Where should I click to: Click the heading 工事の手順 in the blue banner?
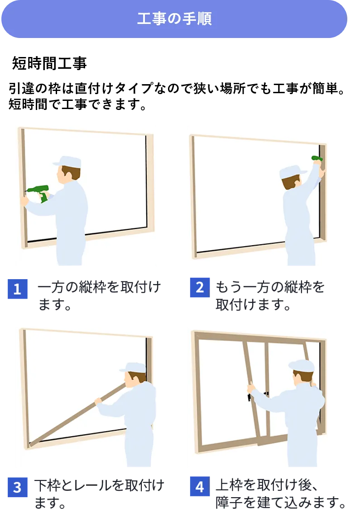tap(174, 19)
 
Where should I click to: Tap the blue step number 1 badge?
tap(18, 289)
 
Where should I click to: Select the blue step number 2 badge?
tap(200, 288)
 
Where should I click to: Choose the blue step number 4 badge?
tap(200, 487)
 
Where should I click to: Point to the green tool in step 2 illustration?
tap(317, 158)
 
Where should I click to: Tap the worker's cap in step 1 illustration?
tap(67, 161)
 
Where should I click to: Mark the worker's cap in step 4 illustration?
tap(301, 365)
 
